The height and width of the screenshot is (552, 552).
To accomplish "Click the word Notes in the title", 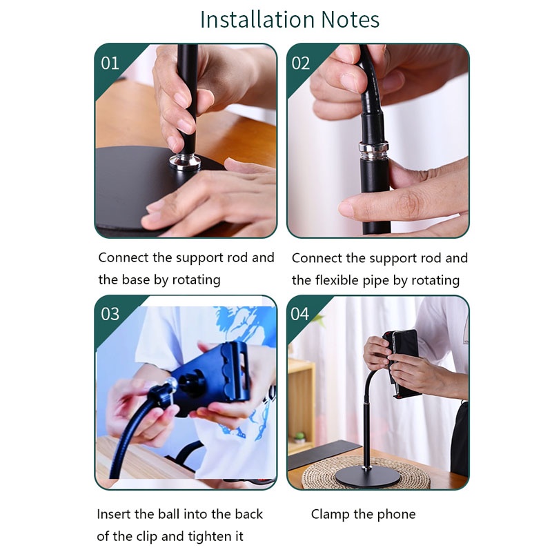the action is tap(351, 19).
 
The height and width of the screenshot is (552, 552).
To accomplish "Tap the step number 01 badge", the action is tap(110, 63).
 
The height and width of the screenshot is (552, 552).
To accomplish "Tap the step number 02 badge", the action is tap(300, 63).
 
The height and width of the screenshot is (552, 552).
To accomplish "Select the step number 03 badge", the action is tap(110, 314).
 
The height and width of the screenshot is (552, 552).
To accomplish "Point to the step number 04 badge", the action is tap(300, 314).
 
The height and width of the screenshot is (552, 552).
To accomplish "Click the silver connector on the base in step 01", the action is tap(184, 161).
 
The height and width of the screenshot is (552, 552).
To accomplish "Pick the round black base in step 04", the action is tap(368, 477).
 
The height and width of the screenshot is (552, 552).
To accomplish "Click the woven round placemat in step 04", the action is tap(366, 472).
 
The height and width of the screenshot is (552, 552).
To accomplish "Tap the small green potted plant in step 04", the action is tap(300, 437).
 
